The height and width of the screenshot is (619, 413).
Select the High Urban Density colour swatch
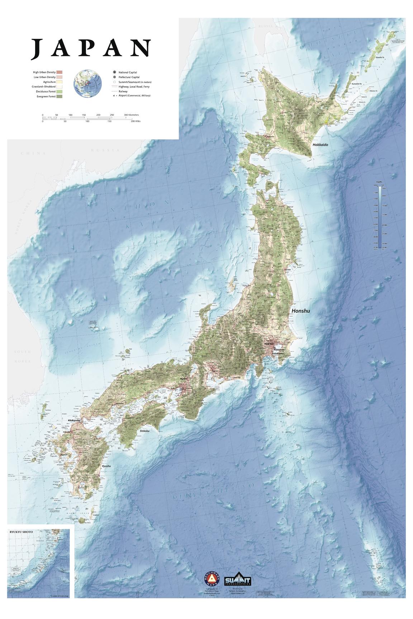[x=60, y=73]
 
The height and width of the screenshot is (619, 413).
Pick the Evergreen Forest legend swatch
[x=60, y=96]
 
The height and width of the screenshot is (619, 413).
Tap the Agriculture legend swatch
[x=60, y=82]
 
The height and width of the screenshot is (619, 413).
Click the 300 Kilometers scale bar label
[x=132, y=115]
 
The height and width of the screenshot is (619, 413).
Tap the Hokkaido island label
[x=320, y=145]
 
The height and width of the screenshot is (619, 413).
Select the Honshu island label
[x=300, y=311]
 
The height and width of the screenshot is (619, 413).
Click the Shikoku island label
[x=144, y=431]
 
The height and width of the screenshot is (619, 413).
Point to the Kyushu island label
[x=106, y=466]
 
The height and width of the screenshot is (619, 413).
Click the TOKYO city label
[x=269, y=344]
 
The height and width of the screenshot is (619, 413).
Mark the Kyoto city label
[x=184, y=379]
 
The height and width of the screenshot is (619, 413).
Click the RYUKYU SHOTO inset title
[x=21, y=532]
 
